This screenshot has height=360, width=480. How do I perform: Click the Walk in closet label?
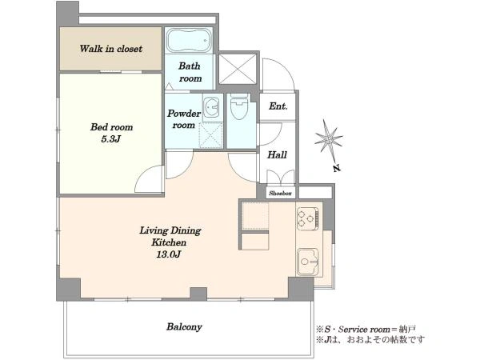coord(111,49)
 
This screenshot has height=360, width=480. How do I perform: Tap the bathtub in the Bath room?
coord(189,41)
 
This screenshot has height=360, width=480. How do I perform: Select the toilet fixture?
coord(239,106)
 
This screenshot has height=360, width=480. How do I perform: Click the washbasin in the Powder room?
coord(211,107)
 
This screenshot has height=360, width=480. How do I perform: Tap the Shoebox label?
coord(280,193)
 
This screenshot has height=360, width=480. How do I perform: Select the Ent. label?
coord(278,106)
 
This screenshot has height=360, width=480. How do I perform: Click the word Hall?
coord(277,154)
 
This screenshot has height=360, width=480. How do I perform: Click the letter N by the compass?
coord(337,168)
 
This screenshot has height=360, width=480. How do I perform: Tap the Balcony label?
coord(184,326)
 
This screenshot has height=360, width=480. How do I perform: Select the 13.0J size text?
coord(169,254)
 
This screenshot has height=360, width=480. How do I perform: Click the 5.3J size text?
coord(111,139)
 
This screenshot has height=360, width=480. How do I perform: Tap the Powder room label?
coord(184,119)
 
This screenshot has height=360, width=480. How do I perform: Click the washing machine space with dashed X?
coord(211,135)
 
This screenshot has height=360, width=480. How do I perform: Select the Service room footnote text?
coord(366,330)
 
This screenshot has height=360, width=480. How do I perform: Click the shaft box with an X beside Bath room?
coord(238,69)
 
